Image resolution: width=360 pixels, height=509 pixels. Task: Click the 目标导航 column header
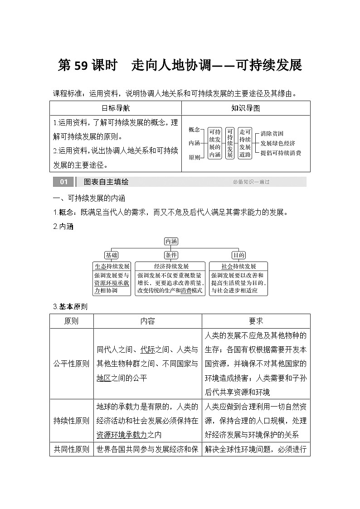(115, 108)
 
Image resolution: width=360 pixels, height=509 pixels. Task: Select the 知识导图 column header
(245, 108)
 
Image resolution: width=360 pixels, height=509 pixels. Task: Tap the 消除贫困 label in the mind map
(272, 134)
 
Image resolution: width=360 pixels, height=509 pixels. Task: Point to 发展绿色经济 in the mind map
(277, 143)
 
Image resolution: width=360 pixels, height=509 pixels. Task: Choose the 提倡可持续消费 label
(281, 153)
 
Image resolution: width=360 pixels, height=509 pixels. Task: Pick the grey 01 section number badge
(63, 182)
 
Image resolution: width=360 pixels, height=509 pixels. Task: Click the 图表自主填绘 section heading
(106, 182)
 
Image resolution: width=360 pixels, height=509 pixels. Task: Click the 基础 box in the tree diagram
(112, 255)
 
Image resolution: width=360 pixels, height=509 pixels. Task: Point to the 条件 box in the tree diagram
(171, 255)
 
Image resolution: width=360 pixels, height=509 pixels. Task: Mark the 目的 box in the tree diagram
(238, 255)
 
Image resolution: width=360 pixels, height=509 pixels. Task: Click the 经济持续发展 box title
(171, 266)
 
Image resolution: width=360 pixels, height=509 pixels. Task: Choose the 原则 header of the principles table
(72, 321)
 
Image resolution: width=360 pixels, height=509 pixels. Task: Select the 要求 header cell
(256, 321)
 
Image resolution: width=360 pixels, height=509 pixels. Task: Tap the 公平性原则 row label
(72, 364)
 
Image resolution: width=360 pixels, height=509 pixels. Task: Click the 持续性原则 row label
(72, 421)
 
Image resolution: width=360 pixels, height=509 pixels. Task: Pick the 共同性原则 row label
(72, 450)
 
